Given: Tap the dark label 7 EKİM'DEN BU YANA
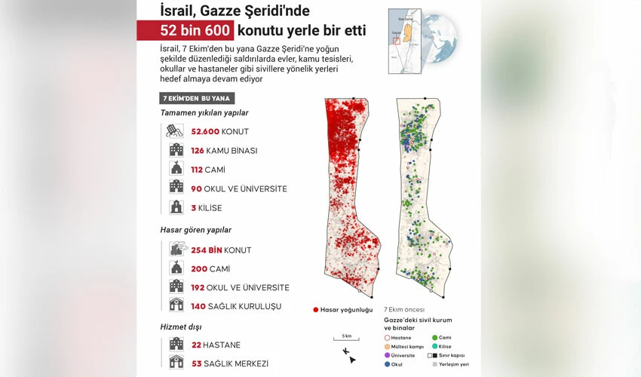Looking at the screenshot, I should point(198,98).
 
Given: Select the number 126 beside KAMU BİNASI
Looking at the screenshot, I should point(198,151).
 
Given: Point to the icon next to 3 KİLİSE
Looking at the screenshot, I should point(176,207).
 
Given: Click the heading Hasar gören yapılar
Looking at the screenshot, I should point(195,230).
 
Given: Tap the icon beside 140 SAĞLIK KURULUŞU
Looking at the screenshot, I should point(176,305).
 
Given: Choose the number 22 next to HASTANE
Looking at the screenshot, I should point(197,345).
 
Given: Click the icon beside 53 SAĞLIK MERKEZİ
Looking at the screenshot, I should point(176,363).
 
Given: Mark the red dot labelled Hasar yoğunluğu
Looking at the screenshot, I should point(315,309).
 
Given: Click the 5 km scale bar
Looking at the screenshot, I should point(345,340).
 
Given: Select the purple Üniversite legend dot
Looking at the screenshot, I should point(387,354).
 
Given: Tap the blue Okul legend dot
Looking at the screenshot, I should point(387,363).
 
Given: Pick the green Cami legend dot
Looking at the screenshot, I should point(434,338).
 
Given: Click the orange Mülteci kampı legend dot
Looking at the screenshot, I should point(387,346).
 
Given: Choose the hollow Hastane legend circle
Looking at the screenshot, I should point(387,338).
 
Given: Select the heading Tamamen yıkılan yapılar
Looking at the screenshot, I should point(204,113).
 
